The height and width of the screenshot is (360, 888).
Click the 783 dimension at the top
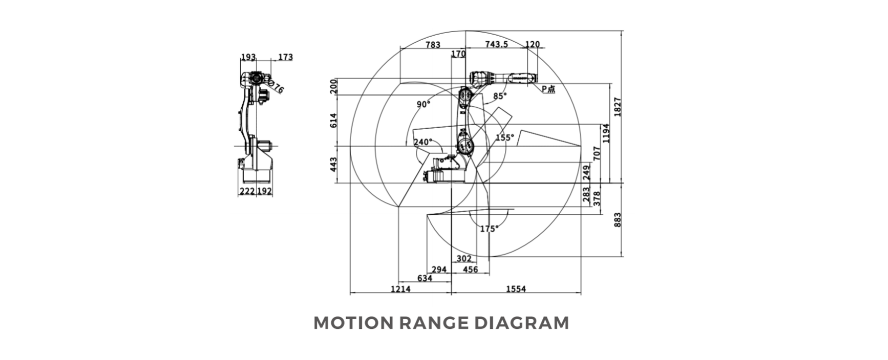[433, 45]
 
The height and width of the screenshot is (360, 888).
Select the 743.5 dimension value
[496, 45]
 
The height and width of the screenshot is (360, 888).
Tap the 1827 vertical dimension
[618, 107]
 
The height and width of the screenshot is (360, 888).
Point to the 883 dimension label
[618, 220]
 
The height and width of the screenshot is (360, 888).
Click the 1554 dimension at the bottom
[516, 289]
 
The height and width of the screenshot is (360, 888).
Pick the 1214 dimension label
[400, 289]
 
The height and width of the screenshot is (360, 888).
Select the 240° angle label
[423, 142]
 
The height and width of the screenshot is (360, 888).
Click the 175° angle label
[489, 229]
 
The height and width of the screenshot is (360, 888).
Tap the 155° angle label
[504, 137]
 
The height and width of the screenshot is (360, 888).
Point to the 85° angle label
[500, 96]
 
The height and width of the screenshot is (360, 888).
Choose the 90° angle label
[424, 104]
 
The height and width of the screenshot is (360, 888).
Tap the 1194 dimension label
[606, 133]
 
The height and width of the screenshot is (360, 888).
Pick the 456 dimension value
[470, 270]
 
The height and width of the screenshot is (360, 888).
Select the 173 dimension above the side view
[285, 57]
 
